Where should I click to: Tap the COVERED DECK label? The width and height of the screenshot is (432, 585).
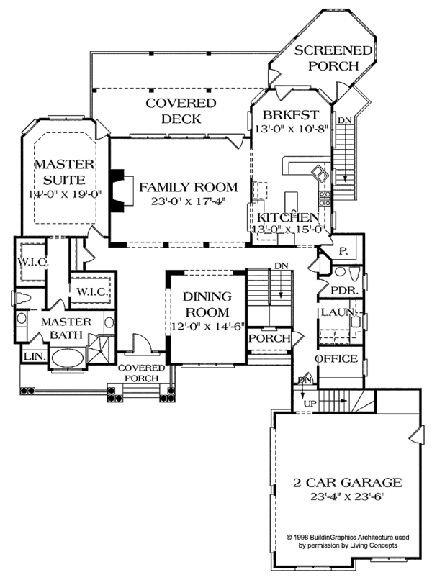(171, 112)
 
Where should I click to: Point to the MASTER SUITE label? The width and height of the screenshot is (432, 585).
(60, 172)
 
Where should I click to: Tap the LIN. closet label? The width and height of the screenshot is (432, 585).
(33, 357)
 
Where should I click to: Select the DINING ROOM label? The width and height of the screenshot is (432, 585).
(206, 304)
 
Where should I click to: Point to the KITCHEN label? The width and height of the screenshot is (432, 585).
(285, 217)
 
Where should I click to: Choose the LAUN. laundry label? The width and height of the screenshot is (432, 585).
(336, 313)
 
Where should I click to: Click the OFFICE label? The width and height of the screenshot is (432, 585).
(336, 358)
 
